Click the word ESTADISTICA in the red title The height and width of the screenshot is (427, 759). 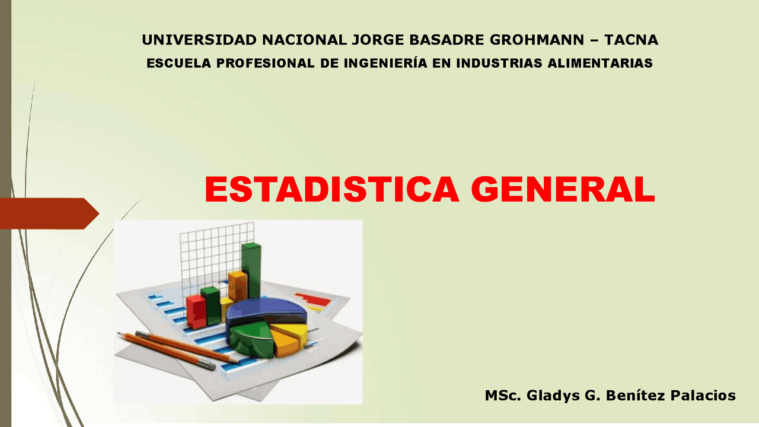(331, 190)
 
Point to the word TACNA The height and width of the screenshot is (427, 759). (631, 40)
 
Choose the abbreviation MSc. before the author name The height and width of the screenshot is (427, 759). (502, 396)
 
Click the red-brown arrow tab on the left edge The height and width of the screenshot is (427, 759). (47, 213)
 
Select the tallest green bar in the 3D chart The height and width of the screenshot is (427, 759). (251, 270)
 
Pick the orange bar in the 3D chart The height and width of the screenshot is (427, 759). (238, 286)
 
